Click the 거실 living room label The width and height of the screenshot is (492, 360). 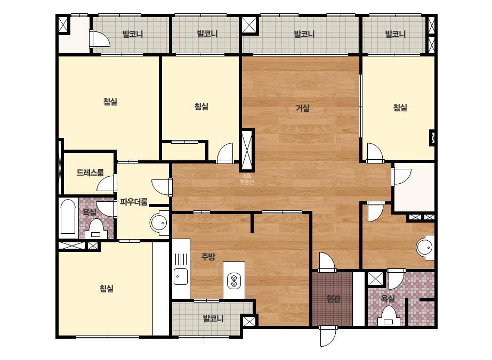point(303,108)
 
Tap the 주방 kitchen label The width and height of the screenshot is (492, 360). point(208,257)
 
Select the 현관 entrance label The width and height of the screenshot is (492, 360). point(333,299)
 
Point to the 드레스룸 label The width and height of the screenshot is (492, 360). point(90,172)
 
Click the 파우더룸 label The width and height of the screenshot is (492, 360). point(134,202)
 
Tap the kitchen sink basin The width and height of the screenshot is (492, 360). point(181,276)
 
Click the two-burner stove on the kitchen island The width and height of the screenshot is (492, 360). point(234,281)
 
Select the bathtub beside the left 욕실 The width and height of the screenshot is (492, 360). point(68,217)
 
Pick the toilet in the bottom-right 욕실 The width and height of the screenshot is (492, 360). point(389,316)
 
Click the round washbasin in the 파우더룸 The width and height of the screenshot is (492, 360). point(160,223)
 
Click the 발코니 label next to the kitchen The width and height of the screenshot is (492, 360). point(213,318)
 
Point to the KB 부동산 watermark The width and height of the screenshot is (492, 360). point(247,179)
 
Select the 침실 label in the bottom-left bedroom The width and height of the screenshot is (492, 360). point(107,288)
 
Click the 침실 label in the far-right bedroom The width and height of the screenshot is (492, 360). point(400,108)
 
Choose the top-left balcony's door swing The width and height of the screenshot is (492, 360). point(100,38)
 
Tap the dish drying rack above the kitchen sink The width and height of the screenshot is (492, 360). point(181,259)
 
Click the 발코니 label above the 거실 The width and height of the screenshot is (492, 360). point(304,34)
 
